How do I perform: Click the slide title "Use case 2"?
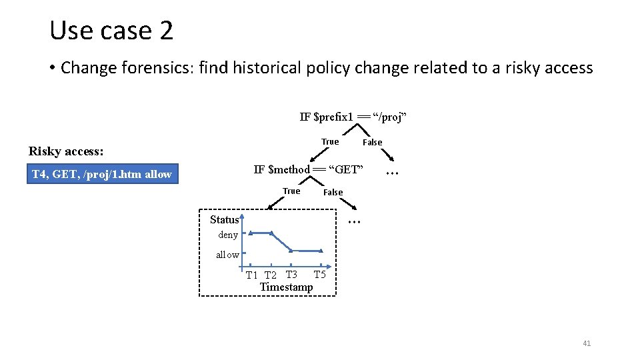tap(111, 31)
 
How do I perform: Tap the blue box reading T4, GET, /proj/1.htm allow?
tap(103, 175)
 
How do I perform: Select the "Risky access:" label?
tap(64, 151)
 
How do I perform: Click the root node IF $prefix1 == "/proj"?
tap(353, 117)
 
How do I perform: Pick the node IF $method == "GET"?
tap(309, 169)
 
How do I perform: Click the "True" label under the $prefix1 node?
tap(330, 141)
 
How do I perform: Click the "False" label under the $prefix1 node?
tap(372, 142)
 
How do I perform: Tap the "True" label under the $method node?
tap(291, 191)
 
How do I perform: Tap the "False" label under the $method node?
tap(333, 193)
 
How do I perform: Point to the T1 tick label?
tap(251, 275)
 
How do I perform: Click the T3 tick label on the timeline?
tap(291, 275)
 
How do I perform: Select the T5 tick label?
tap(319, 275)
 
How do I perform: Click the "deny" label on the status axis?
tap(228, 235)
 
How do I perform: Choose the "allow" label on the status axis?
tap(227, 255)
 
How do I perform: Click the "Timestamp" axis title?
tap(286, 287)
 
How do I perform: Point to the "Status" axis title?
tap(224, 219)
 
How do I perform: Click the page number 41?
tap(587, 343)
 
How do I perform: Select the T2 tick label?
tap(270, 275)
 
